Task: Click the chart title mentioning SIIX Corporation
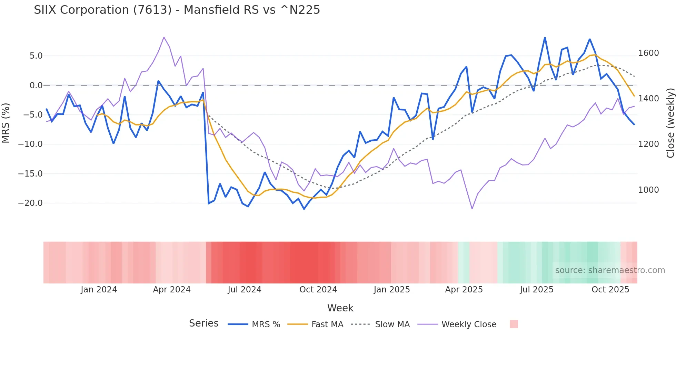pyautogui.click(x=177, y=10)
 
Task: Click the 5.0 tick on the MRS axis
pyautogui.click(x=36, y=56)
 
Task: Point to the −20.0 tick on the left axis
pyautogui.click(x=30, y=203)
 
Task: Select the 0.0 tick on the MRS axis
pyautogui.click(x=36, y=85)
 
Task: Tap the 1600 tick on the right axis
pyautogui.click(x=648, y=53)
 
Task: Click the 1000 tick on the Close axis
pyautogui.click(x=648, y=190)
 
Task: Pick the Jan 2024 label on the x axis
pyautogui.click(x=99, y=290)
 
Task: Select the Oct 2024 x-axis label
pyautogui.click(x=318, y=290)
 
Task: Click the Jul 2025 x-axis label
pyautogui.click(x=536, y=290)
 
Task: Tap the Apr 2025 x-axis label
pyautogui.click(x=464, y=290)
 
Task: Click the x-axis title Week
pyautogui.click(x=340, y=308)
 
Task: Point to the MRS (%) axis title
pyautogui.click(x=6, y=123)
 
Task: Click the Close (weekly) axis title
pyautogui.click(x=670, y=123)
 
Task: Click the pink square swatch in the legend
pyautogui.click(x=514, y=324)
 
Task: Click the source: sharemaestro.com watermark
pyautogui.click(x=610, y=270)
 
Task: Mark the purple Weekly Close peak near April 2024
pyautogui.click(x=164, y=37)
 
